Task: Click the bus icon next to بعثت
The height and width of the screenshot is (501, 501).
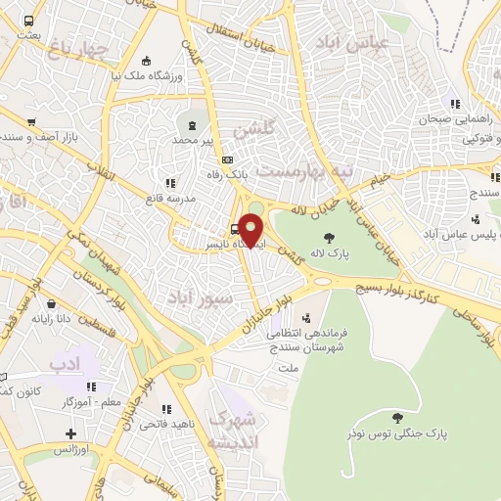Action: point(30,21)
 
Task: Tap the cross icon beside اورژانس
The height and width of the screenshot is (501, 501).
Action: point(69,433)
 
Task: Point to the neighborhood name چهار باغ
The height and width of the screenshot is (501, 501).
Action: point(79,50)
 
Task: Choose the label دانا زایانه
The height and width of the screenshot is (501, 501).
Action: point(54,318)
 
